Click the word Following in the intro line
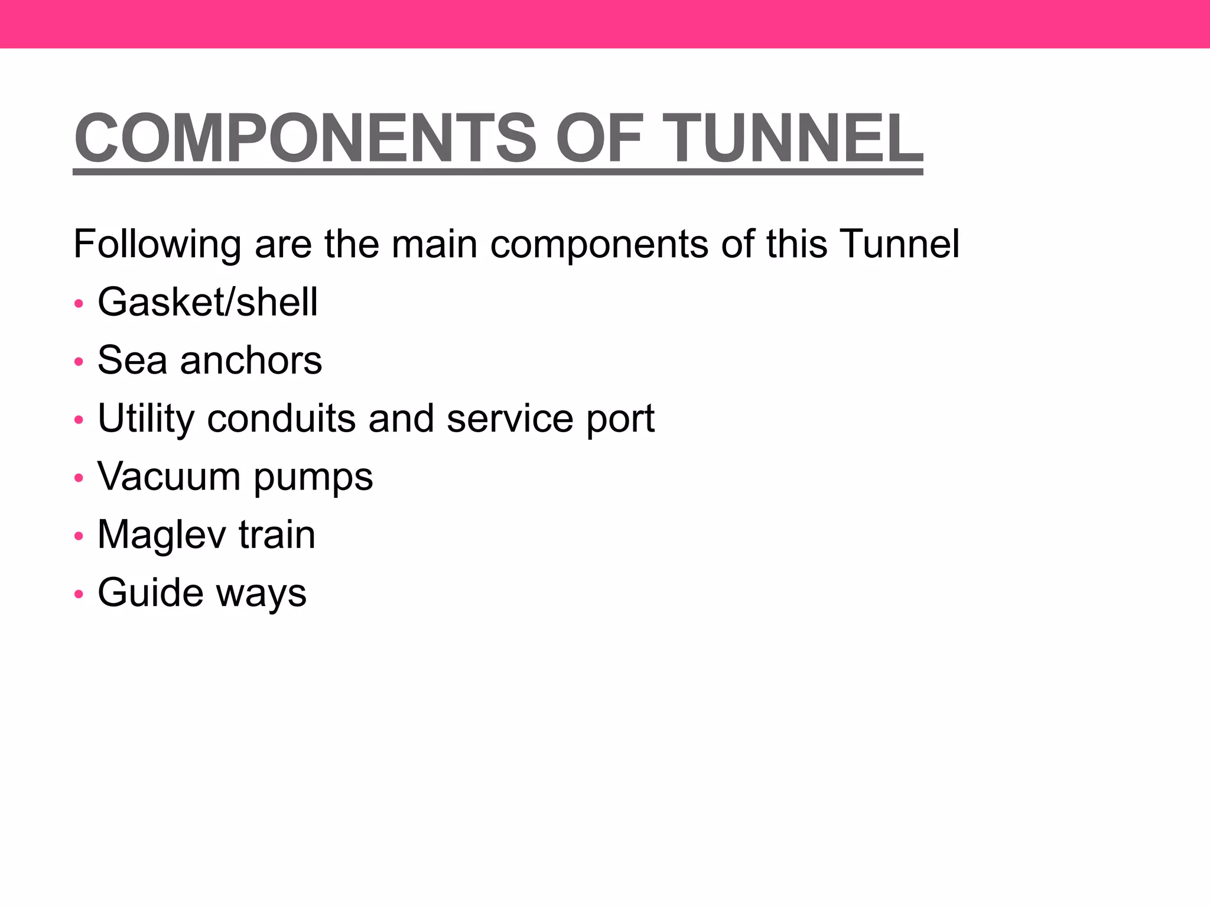coord(157,244)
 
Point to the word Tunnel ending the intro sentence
coord(899,244)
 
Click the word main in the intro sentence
coord(434,244)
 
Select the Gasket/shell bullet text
coord(207,302)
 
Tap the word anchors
coord(251,360)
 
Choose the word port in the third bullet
coord(620,419)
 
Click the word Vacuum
coord(169,476)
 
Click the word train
coord(277,535)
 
